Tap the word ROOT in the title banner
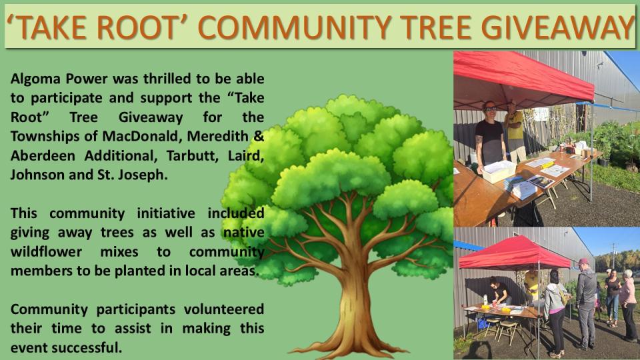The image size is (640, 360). click(141, 27)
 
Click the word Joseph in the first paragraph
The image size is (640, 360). click(157, 176)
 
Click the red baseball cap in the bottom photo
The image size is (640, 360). click(585, 261)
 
